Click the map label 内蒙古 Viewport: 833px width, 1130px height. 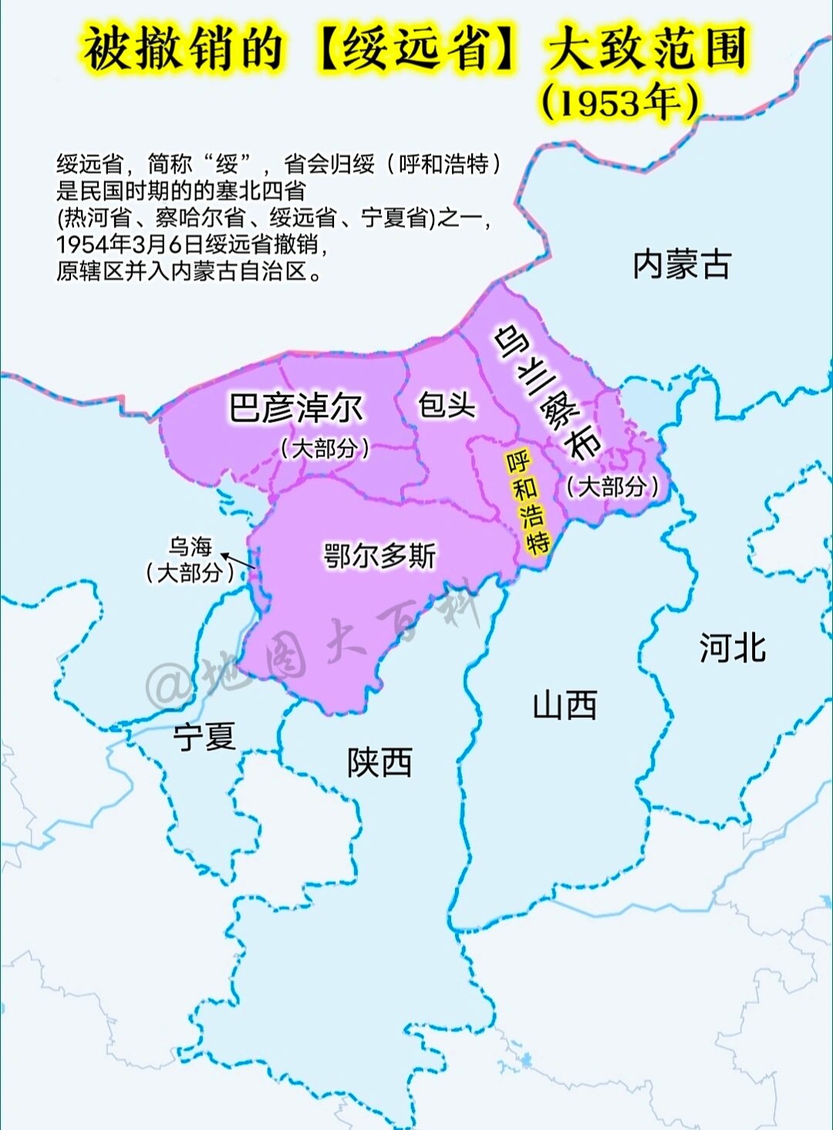[x=681, y=265]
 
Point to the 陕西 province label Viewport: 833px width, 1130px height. [x=379, y=763]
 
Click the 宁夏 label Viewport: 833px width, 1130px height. [x=204, y=737]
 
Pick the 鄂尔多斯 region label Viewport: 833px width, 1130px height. [x=379, y=555]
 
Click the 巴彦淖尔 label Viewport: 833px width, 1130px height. [x=295, y=408]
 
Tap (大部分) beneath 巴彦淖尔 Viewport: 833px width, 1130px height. [x=325, y=448]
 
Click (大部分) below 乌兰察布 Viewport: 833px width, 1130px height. [x=613, y=486]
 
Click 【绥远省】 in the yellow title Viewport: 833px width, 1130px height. [x=416, y=48]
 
